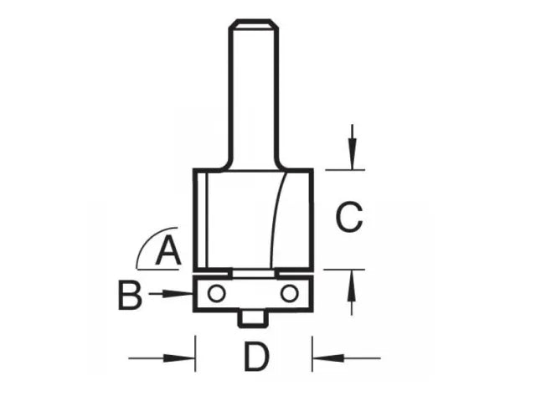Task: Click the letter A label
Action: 169,251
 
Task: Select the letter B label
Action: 130,295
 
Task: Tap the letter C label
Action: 348,219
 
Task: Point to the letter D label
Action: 256,359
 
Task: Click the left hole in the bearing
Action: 217,293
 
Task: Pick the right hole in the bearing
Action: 289,293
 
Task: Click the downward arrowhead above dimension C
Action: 353,159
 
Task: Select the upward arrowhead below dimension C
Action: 353,281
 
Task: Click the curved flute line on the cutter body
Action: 275,218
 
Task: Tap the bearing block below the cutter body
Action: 253,294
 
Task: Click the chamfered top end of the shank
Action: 254,24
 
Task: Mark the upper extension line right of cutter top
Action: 345,170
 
